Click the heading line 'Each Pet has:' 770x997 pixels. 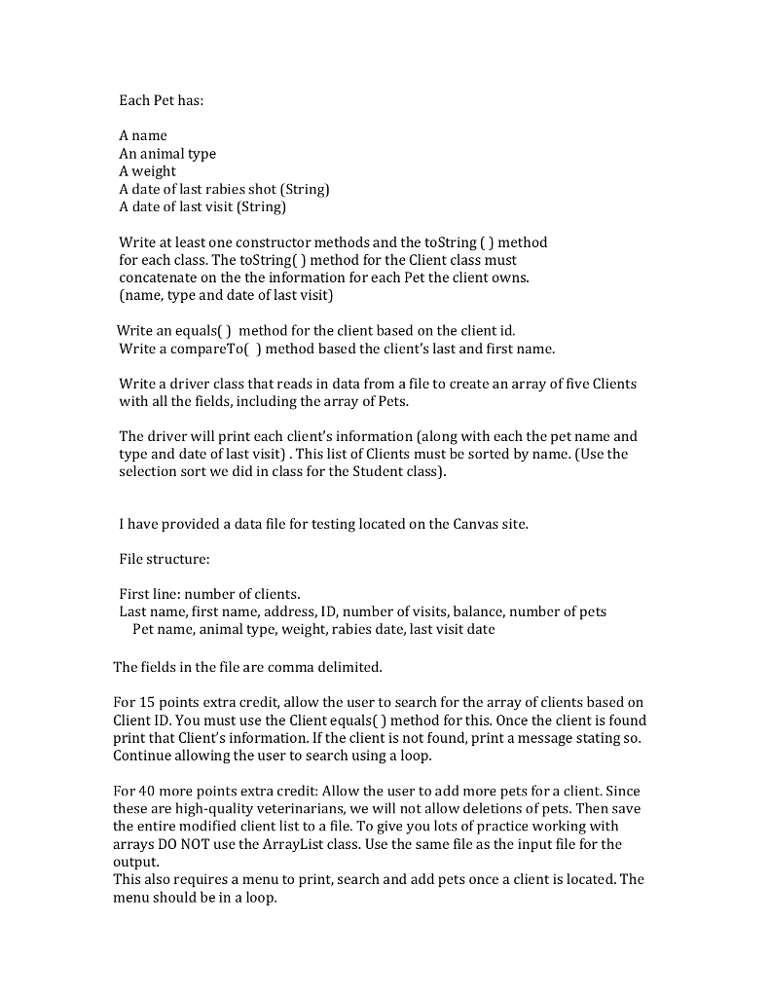pyautogui.click(x=162, y=100)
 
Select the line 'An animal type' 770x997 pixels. pyautogui.click(x=167, y=154)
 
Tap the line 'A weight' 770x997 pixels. pyautogui.click(x=148, y=171)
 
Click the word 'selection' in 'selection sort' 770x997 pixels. pyautogui.click(x=151, y=472)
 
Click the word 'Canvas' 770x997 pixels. pyautogui.click(x=477, y=525)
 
